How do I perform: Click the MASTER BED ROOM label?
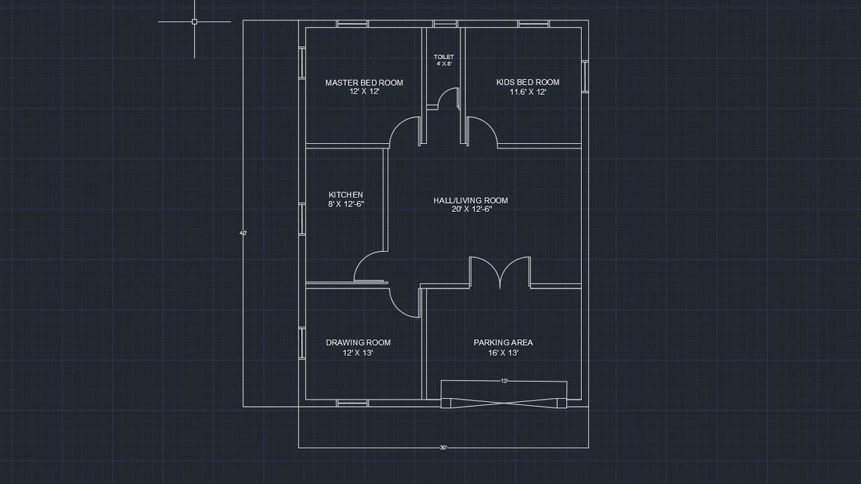(x=364, y=83)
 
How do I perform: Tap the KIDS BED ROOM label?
(x=527, y=82)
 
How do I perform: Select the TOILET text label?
(x=443, y=57)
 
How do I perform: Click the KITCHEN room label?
(x=346, y=195)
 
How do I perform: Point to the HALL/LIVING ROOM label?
(x=470, y=200)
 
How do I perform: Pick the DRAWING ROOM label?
(x=358, y=342)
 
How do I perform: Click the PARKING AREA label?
(x=502, y=342)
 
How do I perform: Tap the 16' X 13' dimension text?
(x=502, y=352)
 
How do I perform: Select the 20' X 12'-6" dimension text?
(x=471, y=209)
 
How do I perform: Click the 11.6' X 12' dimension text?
(x=527, y=92)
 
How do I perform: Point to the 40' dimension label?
(x=243, y=233)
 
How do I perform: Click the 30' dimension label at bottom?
(x=443, y=448)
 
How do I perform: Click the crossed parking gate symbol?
(x=504, y=403)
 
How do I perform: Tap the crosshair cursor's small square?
(x=194, y=22)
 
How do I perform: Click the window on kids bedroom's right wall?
(x=585, y=76)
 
